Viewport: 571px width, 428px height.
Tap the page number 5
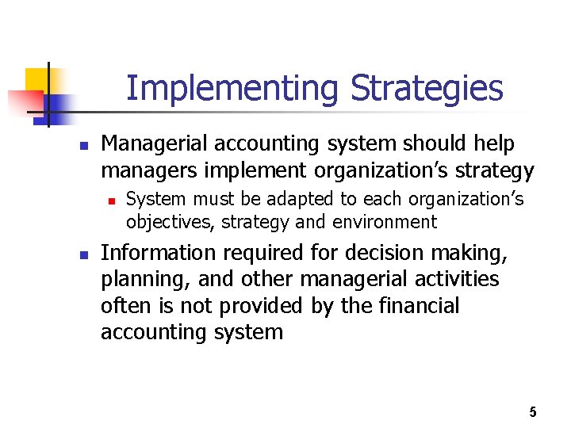click(x=533, y=411)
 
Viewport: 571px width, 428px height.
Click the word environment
click(x=384, y=222)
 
